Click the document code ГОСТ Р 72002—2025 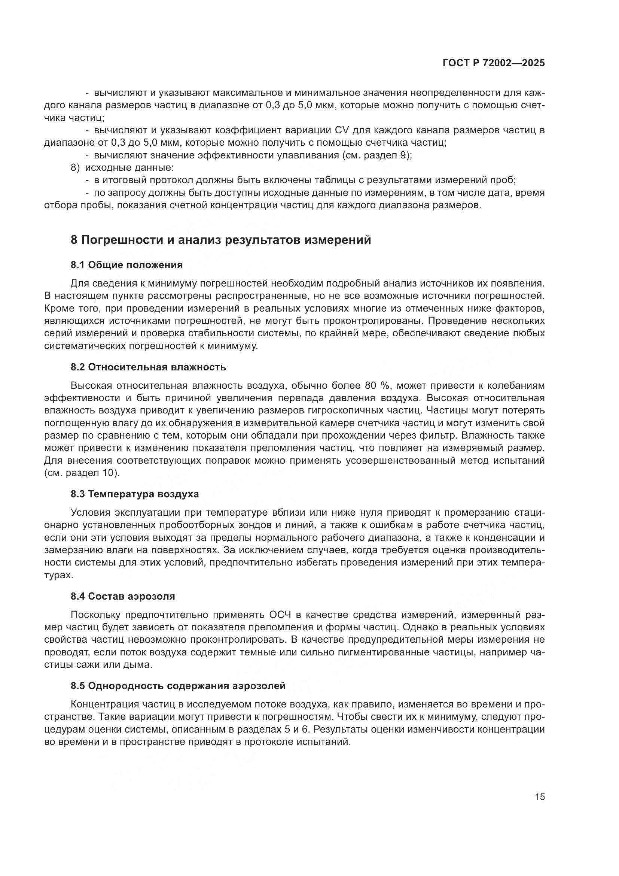tap(494, 63)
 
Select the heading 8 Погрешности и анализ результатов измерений tap(221, 240)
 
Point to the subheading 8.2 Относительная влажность tap(148, 367)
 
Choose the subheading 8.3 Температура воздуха tap(135, 494)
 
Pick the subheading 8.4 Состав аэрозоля tap(123, 596)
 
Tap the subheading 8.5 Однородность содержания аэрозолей tap(178, 686)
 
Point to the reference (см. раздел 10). tap(82, 473)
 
